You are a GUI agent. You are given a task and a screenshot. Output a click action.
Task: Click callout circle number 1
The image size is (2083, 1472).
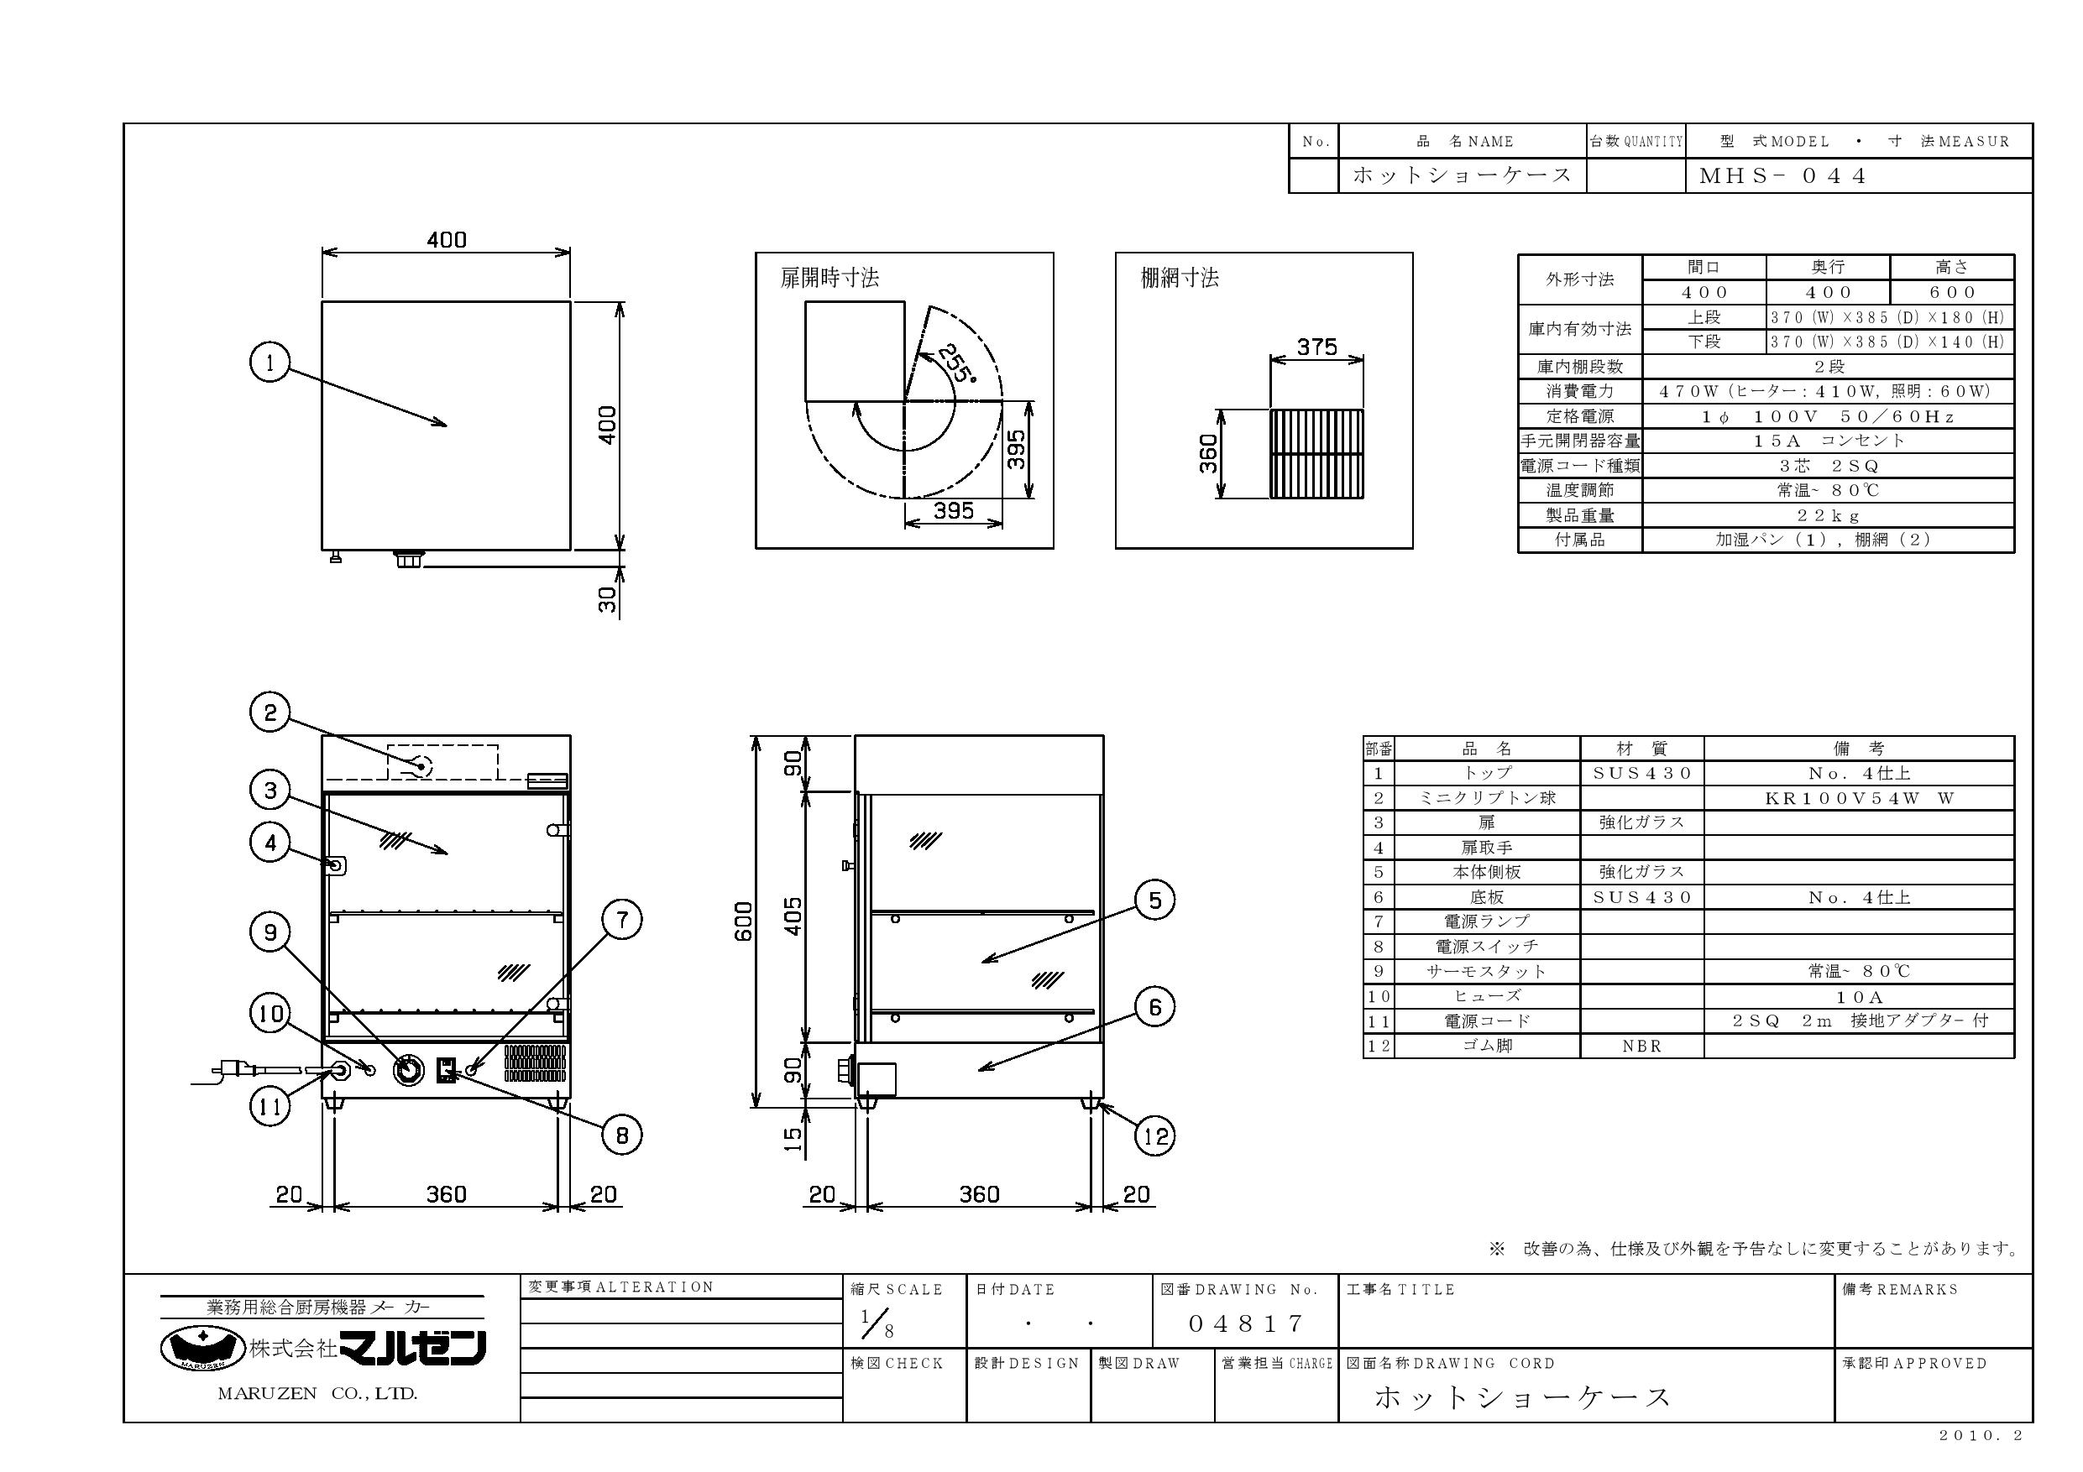click(x=270, y=363)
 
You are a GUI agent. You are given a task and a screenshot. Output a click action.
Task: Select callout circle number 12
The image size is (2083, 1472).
click(x=1156, y=1136)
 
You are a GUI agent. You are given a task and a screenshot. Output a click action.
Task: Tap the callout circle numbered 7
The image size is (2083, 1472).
click(x=622, y=920)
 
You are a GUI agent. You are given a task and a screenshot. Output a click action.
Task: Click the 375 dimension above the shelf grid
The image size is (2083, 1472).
click(x=1316, y=347)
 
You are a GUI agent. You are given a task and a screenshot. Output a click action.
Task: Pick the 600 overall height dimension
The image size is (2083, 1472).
click(x=743, y=921)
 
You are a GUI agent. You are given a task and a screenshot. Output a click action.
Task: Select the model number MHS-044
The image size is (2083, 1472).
click(x=1782, y=176)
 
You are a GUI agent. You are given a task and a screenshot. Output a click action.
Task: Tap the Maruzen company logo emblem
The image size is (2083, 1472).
click(x=203, y=1347)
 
